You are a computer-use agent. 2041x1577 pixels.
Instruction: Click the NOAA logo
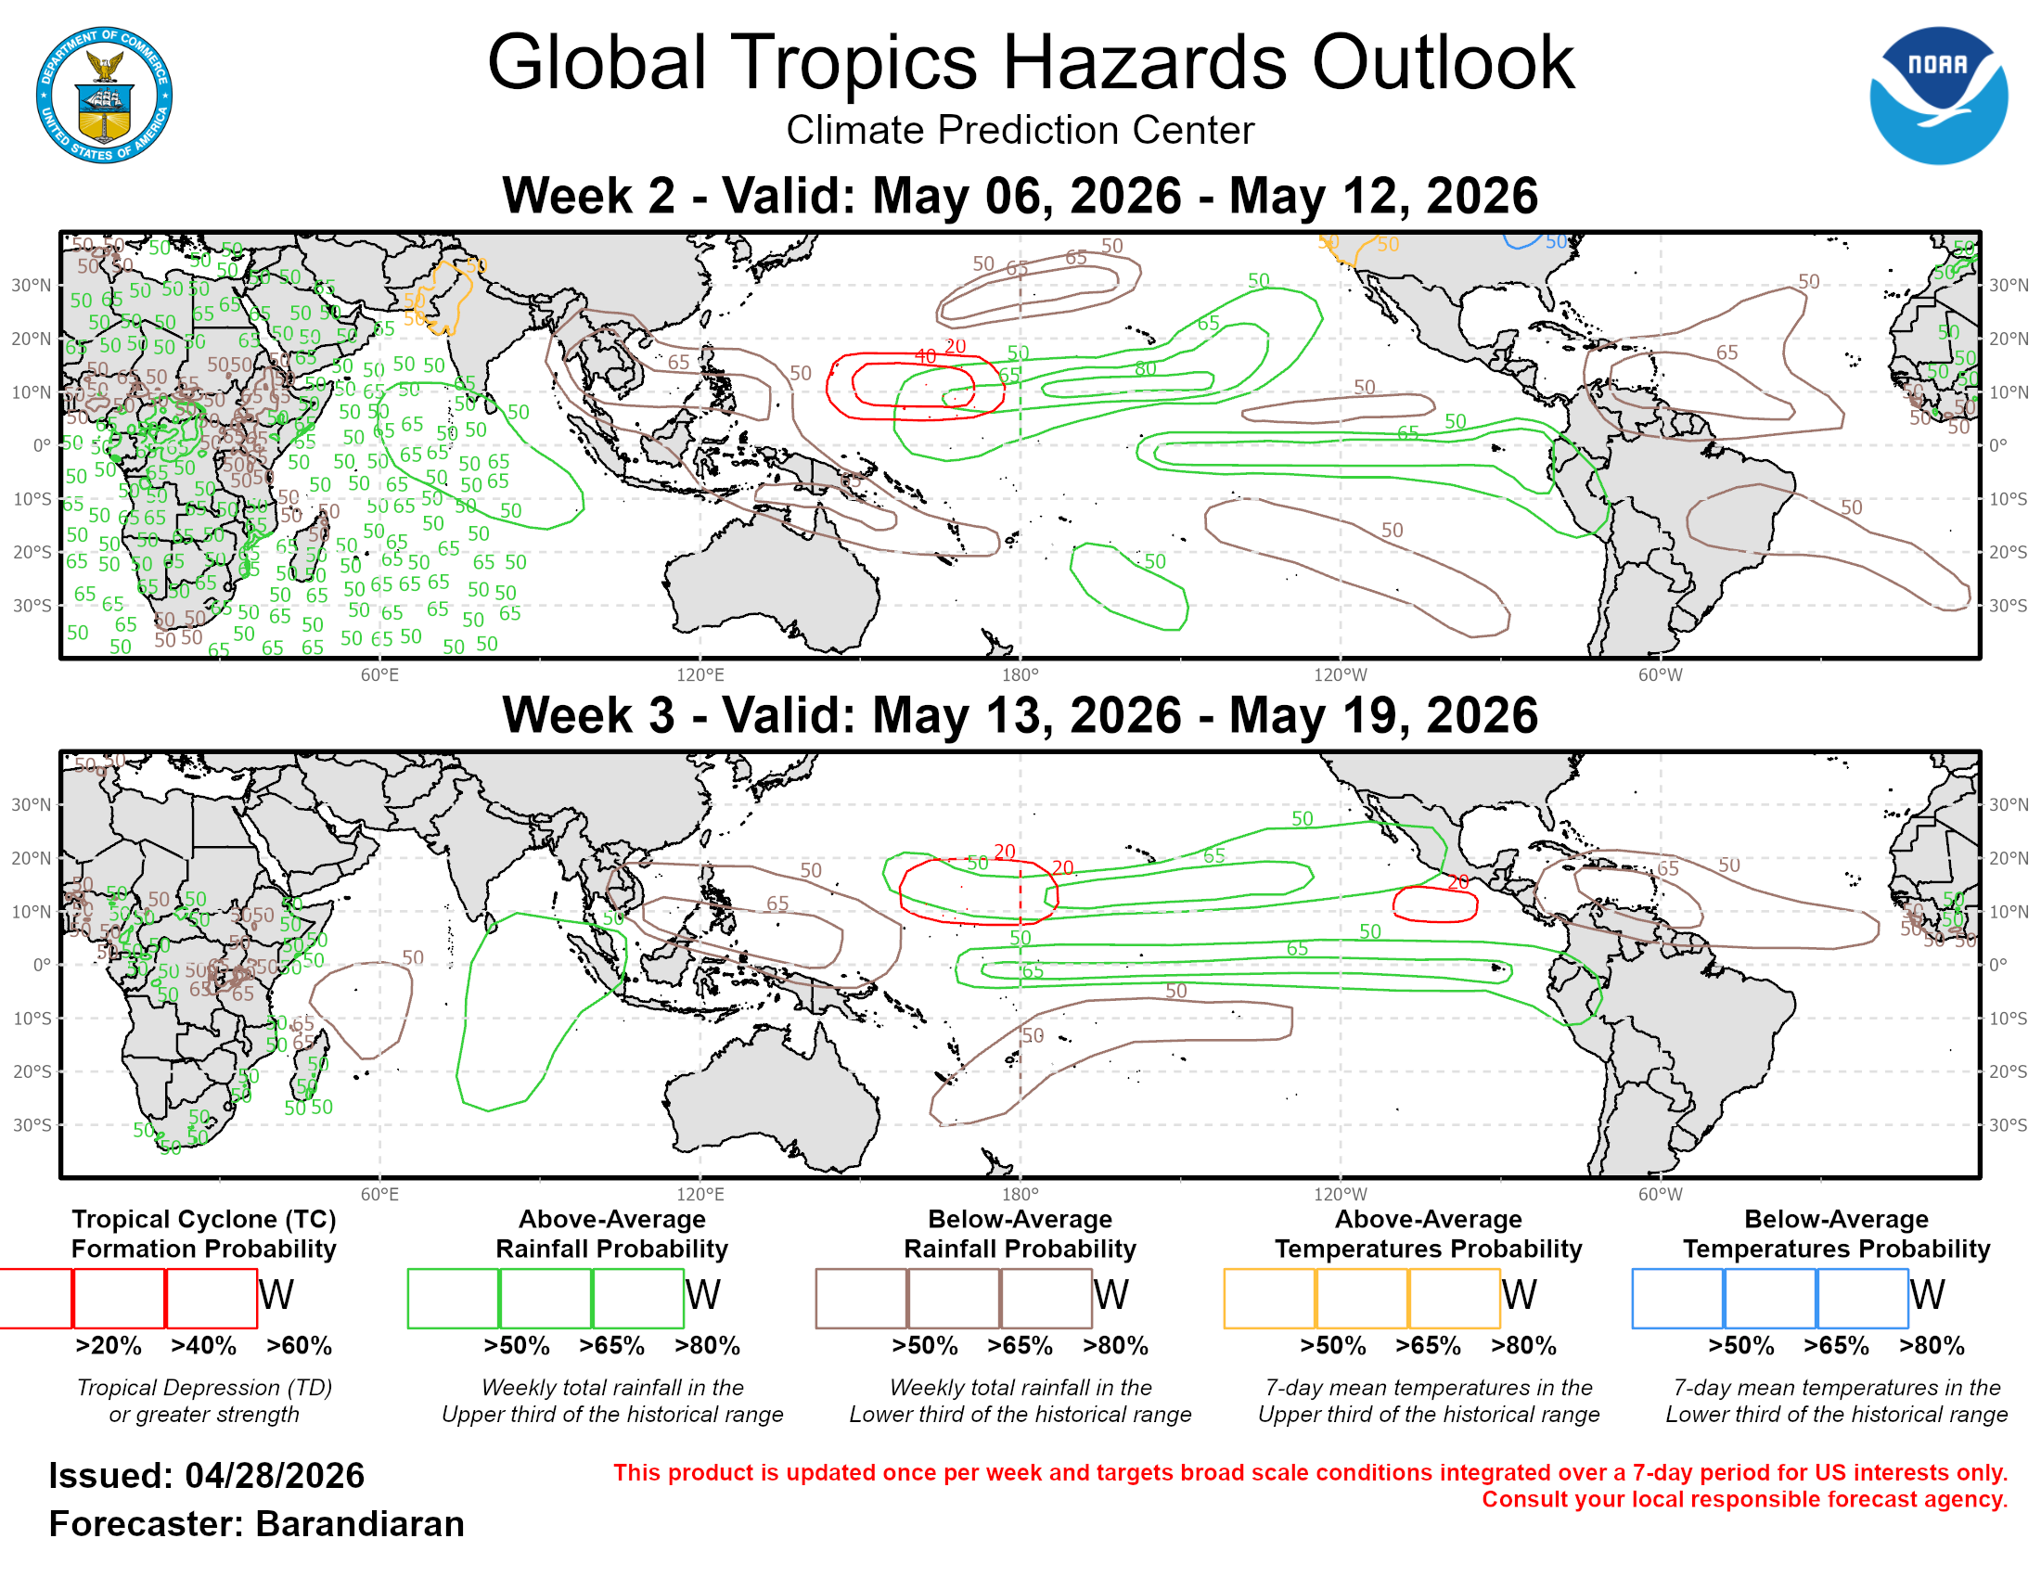point(1937,96)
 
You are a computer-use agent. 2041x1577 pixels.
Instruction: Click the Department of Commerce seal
point(104,96)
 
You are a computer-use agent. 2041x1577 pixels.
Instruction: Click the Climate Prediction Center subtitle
point(1020,130)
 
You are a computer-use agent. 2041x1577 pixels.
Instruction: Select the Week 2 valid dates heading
point(1020,196)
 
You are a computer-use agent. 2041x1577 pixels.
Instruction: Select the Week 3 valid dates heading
point(1020,715)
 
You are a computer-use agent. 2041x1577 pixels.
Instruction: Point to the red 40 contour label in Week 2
point(925,357)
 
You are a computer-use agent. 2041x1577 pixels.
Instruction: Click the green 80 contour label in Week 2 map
point(1145,369)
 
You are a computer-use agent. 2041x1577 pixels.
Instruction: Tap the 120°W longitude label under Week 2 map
point(1341,675)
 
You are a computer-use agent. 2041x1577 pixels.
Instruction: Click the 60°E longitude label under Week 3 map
point(379,1195)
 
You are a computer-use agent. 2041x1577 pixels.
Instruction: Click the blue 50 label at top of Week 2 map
point(1555,243)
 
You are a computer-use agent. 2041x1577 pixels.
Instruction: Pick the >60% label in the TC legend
point(299,1346)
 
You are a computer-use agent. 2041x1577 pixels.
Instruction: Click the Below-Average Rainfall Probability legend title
point(1020,1234)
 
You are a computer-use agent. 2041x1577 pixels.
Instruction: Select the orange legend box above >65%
point(1362,1298)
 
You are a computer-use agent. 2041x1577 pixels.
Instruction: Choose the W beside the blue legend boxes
point(1927,1296)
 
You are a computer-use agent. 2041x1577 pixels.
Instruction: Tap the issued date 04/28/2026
point(274,1476)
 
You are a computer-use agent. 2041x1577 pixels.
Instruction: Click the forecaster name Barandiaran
point(360,1525)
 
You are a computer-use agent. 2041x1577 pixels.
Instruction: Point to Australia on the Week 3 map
point(776,1102)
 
